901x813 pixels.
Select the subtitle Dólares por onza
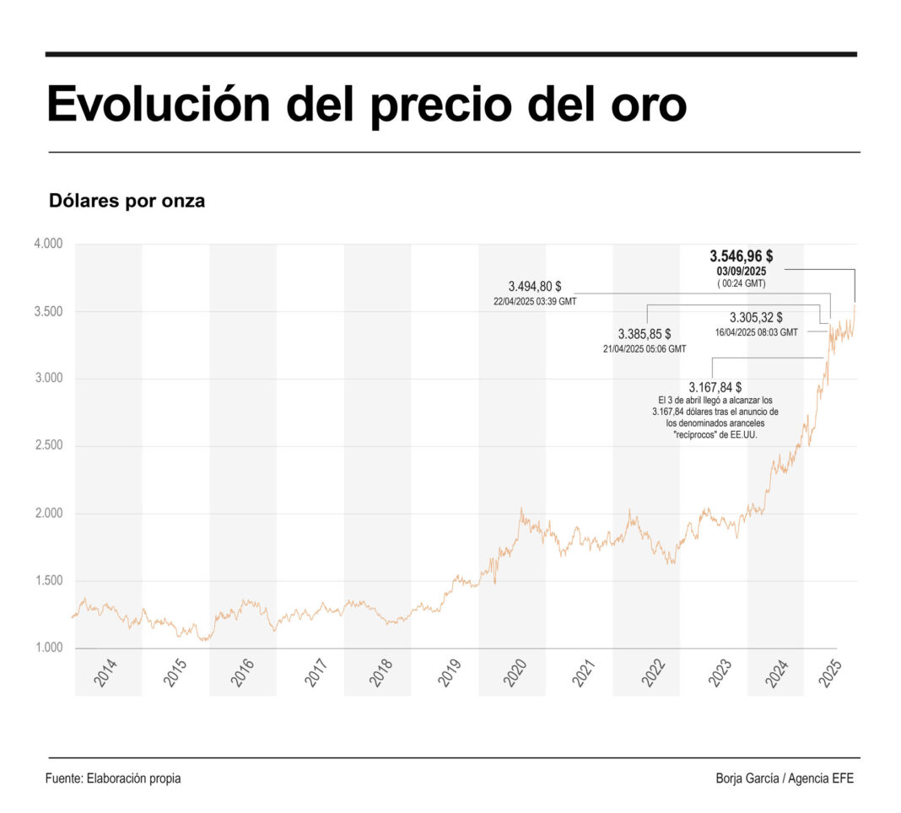pyautogui.click(x=127, y=202)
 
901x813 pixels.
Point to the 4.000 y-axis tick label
pyautogui.click(x=48, y=245)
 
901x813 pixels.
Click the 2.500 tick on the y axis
pyautogui.click(x=48, y=446)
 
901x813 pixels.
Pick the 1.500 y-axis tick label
pyautogui.click(x=48, y=581)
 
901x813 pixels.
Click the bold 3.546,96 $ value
pyautogui.click(x=742, y=256)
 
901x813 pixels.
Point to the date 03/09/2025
pyautogui.click(x=741, y=272)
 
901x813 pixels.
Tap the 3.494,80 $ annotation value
pyautogui.click(x=535, y=286)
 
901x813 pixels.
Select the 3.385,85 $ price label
pyautogui.click(x=645, y=333)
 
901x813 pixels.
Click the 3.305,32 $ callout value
pyautogui.click(x=756, y=318)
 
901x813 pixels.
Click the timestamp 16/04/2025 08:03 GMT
pyautogui.click(x=756, y=332)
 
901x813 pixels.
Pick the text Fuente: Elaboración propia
pyautogui.click(x=113, y=778)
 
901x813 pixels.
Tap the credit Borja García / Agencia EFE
pyautogui.click(x=785, y=778)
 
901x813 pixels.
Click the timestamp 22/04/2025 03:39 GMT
pyautogui.click(x=535, y=301)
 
